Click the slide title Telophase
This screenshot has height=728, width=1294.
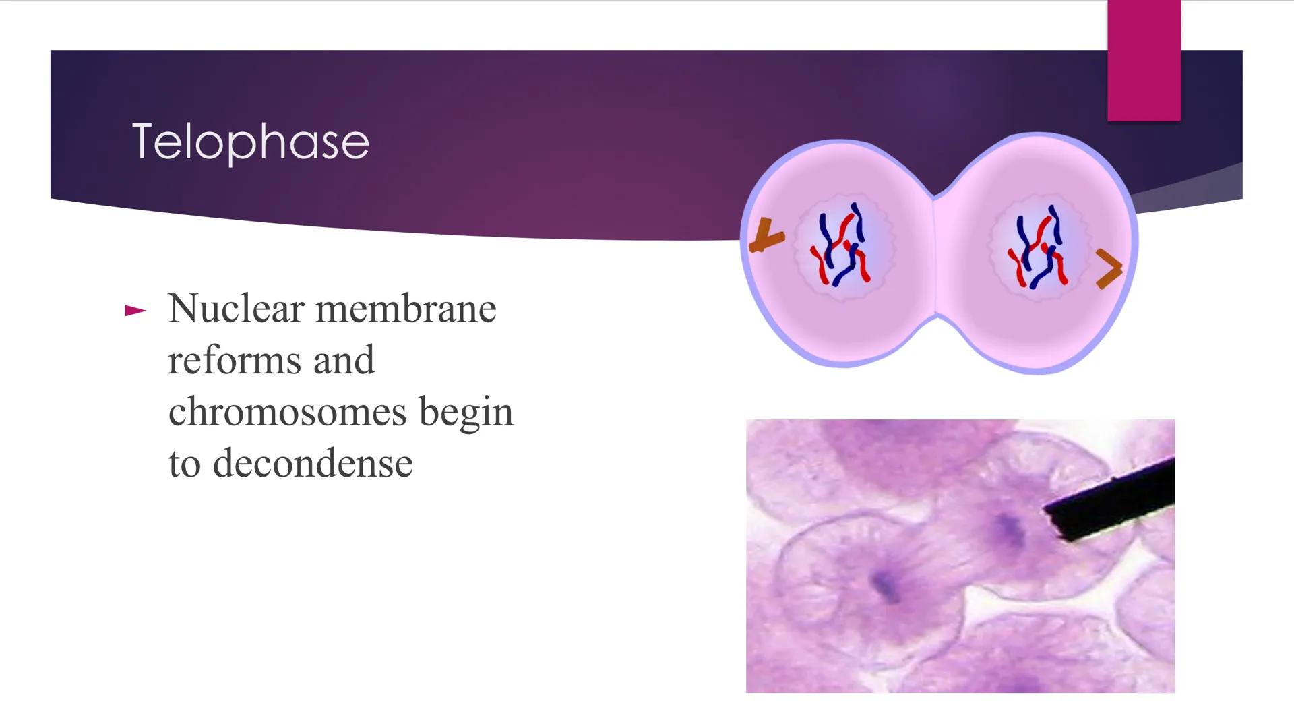(250, 142)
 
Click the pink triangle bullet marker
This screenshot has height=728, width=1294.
(135, 311)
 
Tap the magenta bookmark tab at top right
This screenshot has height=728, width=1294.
(1144, 61)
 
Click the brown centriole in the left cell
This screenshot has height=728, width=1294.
(766, 237)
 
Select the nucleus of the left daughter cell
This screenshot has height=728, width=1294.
(844, 249)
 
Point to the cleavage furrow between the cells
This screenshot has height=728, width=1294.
(934, 256)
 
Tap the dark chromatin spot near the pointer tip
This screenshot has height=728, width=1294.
(1009, 530)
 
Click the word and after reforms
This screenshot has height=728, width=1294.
(343, 360)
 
